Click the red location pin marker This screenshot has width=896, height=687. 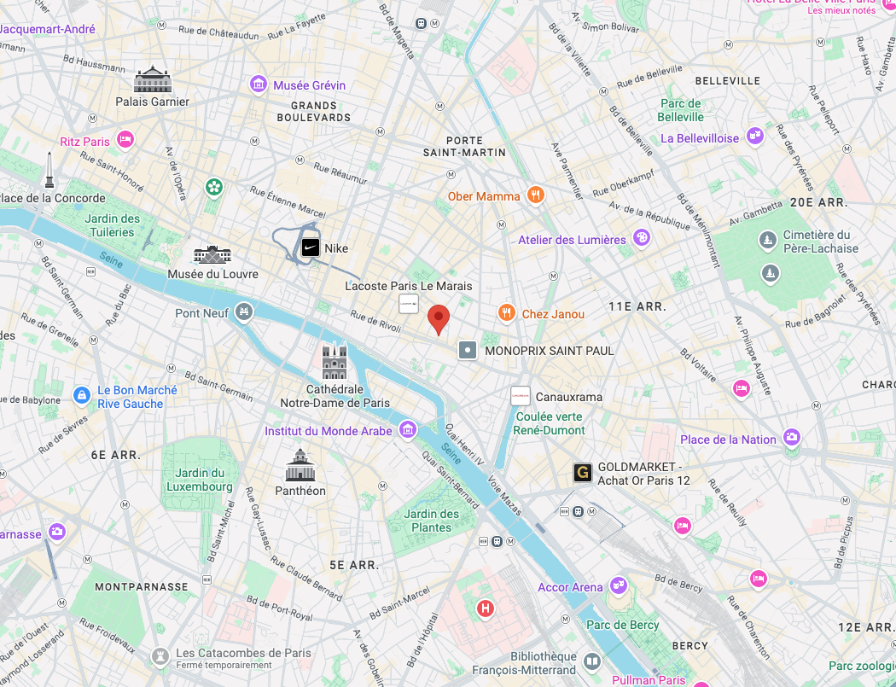coord(439,319)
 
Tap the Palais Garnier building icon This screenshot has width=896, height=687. coord(153,80)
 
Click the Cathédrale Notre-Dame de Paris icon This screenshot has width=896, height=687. coord(335,362)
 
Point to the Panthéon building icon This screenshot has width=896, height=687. coord(300,466)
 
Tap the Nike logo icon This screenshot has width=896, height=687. coord(311,248)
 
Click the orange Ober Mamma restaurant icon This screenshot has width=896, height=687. coord(535,195)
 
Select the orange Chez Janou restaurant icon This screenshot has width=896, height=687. coord(507,313)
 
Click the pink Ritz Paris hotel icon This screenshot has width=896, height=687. coord(125,140)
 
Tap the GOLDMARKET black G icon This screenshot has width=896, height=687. coord(583,473)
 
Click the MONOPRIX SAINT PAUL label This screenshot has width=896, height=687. coord(549,350)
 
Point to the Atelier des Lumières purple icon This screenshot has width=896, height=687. coord(641,238)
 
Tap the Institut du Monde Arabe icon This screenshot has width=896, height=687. coord(407,429)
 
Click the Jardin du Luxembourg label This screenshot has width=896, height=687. coord(201,480)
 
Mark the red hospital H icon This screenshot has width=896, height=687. coord(486,608)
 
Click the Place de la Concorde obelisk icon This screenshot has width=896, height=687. coord(50,171)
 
